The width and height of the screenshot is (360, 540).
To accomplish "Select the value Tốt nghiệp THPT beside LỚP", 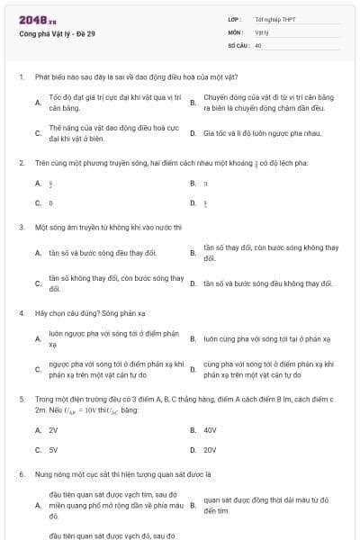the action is pyautogui.click(x=275, y=19).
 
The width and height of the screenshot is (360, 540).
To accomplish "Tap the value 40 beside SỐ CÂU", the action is pyautogui.click(x=258, y=44).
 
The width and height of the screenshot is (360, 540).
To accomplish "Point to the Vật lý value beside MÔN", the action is pyautogui.click(x=262, y=31).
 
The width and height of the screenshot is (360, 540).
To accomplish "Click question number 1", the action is pyautogui.click(x=21, y=76).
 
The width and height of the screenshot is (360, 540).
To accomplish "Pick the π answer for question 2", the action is pyautogui.click(x=206, y=183).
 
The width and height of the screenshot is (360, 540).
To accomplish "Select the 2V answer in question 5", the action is pyautogui.click(x=53, y=430).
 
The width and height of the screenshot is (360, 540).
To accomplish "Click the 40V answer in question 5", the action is pyautogui.click(x=210, y=430).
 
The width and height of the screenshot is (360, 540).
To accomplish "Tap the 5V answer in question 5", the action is pyautogui.click(x=53, y=449).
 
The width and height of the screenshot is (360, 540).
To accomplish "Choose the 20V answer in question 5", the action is pyautogui.click(x=210, y=449).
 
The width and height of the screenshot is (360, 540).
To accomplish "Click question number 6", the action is pyautogui.click(x=21, y=473).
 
